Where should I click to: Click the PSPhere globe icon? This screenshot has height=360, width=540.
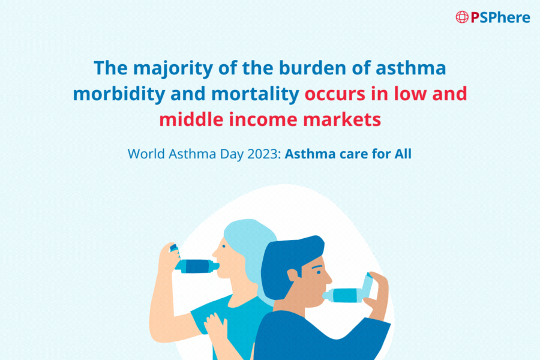(x=462, y=17)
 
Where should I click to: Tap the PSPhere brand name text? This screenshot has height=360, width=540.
(x=500, y=17)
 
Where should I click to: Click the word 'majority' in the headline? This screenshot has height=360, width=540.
(x=173, y=68)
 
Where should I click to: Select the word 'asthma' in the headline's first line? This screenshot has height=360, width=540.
(x=411, y=68)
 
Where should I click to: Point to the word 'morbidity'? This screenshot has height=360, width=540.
(x=119, y=94)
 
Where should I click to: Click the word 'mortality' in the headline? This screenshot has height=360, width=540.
(x=255, y=94)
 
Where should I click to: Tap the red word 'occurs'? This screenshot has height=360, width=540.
(x=335, y=94)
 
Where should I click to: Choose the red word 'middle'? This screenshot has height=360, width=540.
(x=191, y=119)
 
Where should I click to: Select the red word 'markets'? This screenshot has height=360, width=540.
(x=342, y=119)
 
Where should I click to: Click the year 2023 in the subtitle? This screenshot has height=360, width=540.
(x=264, y=154)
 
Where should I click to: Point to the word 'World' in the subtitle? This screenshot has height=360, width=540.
(x=146, y=154)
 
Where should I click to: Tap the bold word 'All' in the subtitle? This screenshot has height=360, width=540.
(x=403, y=154)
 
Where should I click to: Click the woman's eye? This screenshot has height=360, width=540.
(x=224, y=246)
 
